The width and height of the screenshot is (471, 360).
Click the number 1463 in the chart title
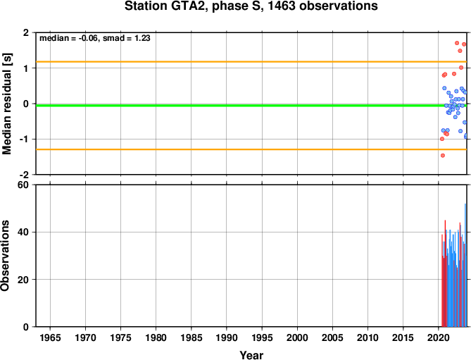(x=281, y=6)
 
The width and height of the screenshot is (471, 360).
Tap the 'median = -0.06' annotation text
(x=70, y=38)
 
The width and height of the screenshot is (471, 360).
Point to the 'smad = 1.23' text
(x=127, y=38)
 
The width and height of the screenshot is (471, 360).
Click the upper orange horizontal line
(x=251, y=62)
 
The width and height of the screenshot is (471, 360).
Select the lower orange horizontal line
(x=251, y=149)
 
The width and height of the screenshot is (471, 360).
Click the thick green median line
(x=251, y=106)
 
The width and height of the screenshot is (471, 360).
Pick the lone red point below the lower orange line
(x=442, y=156)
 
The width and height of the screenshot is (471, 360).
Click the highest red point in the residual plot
(x=457, y=43)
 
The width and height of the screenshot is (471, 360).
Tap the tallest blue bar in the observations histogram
(x=465, y=265)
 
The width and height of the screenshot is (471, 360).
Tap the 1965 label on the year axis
(x=50, y=337)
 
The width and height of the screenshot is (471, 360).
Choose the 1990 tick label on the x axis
(x=227, y=337)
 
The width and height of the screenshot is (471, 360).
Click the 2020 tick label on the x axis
(x=438, y=337)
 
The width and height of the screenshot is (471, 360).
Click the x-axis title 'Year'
(x=251, y=355)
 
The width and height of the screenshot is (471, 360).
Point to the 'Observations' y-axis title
(x=5, y=256)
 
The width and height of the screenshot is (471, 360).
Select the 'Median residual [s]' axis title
(x=6, y=104)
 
